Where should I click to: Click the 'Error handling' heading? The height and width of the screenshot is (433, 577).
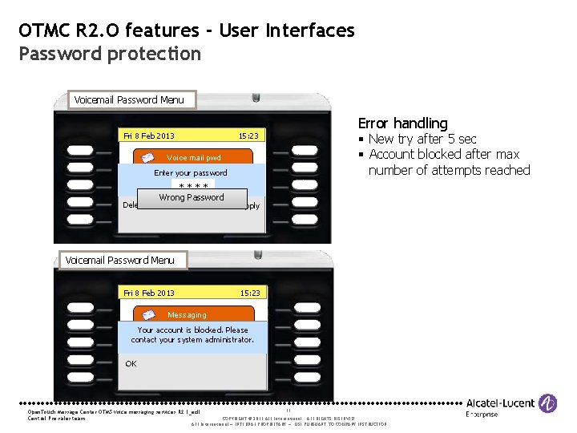(x=402, y=123)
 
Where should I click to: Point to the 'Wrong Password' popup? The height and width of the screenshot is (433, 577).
(x=192, y=198)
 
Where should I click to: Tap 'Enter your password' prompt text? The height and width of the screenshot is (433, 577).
(x=191, y=173)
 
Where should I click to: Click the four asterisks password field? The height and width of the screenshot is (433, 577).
(x=192, y=187)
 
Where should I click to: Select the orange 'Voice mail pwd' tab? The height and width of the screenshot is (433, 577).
(x=192, y=158)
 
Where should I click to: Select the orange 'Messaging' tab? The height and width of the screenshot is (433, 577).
(x=187, y=315)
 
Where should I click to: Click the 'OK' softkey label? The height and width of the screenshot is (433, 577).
(x=131, y=363)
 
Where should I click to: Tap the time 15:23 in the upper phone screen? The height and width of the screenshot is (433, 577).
(x=249, y=136)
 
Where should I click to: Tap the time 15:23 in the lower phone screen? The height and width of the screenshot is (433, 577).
(x=249, y=293)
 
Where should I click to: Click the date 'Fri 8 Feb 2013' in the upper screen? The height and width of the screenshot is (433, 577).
(x=150, y=136)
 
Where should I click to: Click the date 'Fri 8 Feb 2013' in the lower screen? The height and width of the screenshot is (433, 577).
(x=150, y=293)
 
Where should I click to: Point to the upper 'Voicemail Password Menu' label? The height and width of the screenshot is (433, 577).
(x=128, y=100)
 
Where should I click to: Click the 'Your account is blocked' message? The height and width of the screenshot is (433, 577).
(x=192, y=335)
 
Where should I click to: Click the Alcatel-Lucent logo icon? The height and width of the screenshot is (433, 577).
(x=549, y=403)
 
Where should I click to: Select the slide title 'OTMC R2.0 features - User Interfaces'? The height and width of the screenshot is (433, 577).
(x=187, y=31)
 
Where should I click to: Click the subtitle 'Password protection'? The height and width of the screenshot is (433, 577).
(x=111, y=54)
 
